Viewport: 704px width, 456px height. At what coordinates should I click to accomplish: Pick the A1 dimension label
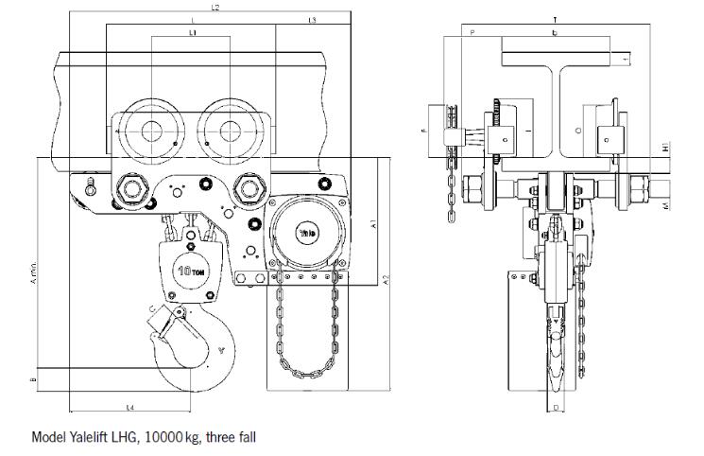pyautogui.click(x=374, y=224)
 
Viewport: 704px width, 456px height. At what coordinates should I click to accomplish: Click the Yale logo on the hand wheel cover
pyautogui.click(x=308, y=230)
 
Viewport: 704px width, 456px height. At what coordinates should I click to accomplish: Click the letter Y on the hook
pyautogui.click(x=222, y=350)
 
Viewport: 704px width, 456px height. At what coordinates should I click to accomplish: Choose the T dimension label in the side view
pyautogui.click(x=555, y=19)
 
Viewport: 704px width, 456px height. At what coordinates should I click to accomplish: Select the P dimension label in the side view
pyautogui.click(x=472, y=32)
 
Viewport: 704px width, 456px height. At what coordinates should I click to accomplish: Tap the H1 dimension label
pyautogui.click(x=666, y=149)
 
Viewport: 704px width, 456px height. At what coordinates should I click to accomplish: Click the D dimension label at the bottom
pyautogui.click(x=556, y=408)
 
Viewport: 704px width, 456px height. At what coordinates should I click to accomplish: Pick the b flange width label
pyautogui.click(x=555, y=32)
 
